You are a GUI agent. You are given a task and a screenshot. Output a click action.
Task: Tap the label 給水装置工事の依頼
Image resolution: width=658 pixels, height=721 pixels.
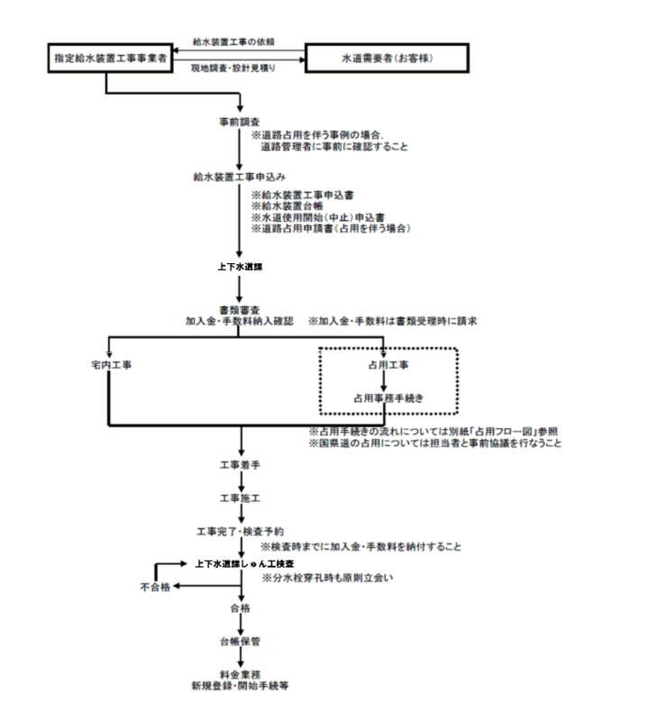coord(233,41)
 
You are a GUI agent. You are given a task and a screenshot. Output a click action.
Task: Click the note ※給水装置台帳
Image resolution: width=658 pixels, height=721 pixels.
coord(293,205)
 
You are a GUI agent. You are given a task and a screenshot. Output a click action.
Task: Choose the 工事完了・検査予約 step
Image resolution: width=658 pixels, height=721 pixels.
coord(241,530)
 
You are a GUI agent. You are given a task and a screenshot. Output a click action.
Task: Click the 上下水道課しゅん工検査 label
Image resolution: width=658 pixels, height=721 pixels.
coord(243,563)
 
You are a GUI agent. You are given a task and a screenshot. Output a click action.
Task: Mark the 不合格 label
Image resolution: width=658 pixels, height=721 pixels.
coord(153,587)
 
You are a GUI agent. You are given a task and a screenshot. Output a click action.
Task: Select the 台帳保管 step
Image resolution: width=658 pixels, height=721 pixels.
coord(240,642)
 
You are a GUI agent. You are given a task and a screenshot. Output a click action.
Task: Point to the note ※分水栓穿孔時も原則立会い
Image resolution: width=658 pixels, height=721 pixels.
coord(328,576)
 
